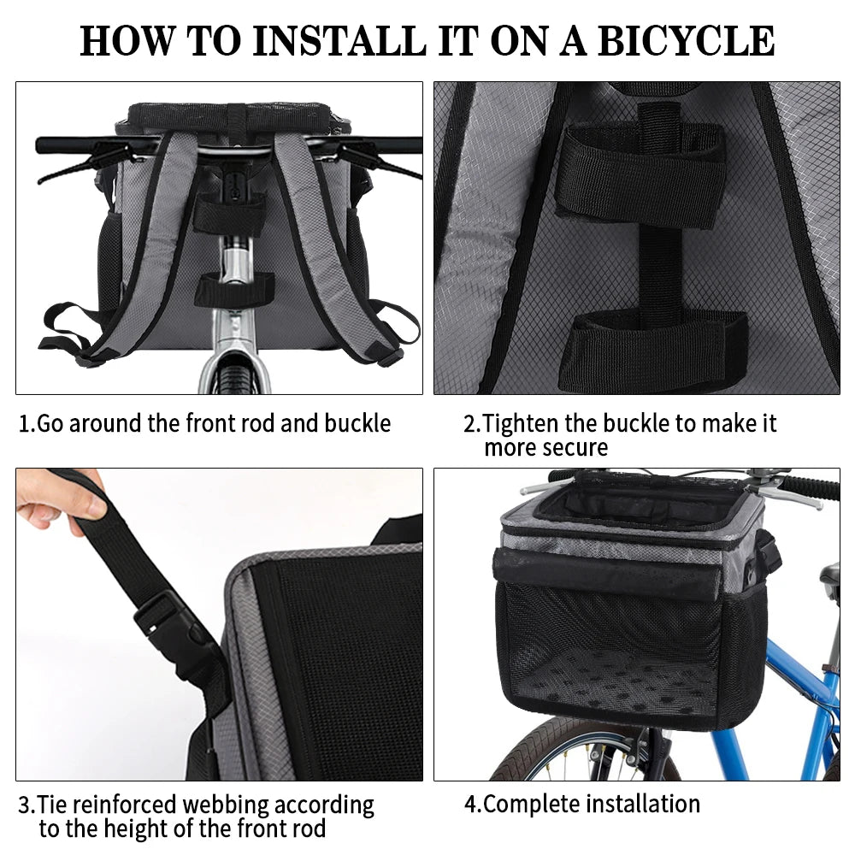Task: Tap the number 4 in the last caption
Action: [469, 804]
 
